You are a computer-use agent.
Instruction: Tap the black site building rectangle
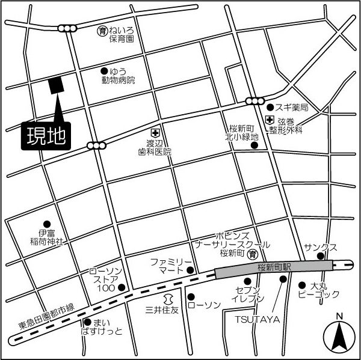[x=56, y=86]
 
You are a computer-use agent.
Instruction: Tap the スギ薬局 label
[x=292, y=108]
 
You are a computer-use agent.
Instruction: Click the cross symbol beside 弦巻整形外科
[x=269, y=121]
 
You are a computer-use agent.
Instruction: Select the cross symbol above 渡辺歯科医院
[x=155, y=133]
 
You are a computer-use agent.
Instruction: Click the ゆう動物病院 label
[x=119, y=76]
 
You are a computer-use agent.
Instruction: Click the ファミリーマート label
[x=171, y=266]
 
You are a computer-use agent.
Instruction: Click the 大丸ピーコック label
[x=319, y=291]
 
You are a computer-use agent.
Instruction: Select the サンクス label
[x=321, y=247]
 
